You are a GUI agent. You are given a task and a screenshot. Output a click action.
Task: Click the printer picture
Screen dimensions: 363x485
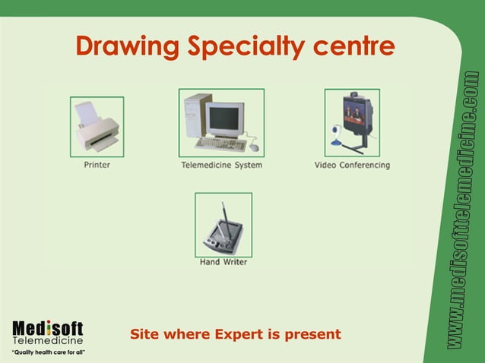[97, 128]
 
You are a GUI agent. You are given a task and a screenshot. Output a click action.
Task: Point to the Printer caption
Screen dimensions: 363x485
[97, 165]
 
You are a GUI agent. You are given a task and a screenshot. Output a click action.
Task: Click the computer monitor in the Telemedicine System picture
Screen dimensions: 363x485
[225, 118]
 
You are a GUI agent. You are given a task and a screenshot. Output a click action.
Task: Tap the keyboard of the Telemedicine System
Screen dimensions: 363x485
[220, 144]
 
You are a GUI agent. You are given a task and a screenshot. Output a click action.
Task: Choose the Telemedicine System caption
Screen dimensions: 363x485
[221, 165]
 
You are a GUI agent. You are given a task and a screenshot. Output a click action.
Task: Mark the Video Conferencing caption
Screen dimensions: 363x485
[352, 165]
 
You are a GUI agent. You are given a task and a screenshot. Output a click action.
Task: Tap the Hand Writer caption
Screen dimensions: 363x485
[223, 262]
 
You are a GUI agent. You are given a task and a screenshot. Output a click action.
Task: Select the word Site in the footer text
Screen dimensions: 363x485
[144, 334]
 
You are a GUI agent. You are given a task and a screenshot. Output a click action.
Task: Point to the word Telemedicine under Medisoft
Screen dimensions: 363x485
[47, 341]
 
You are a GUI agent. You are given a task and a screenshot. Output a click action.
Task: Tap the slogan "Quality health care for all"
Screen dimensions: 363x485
[47, 352]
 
